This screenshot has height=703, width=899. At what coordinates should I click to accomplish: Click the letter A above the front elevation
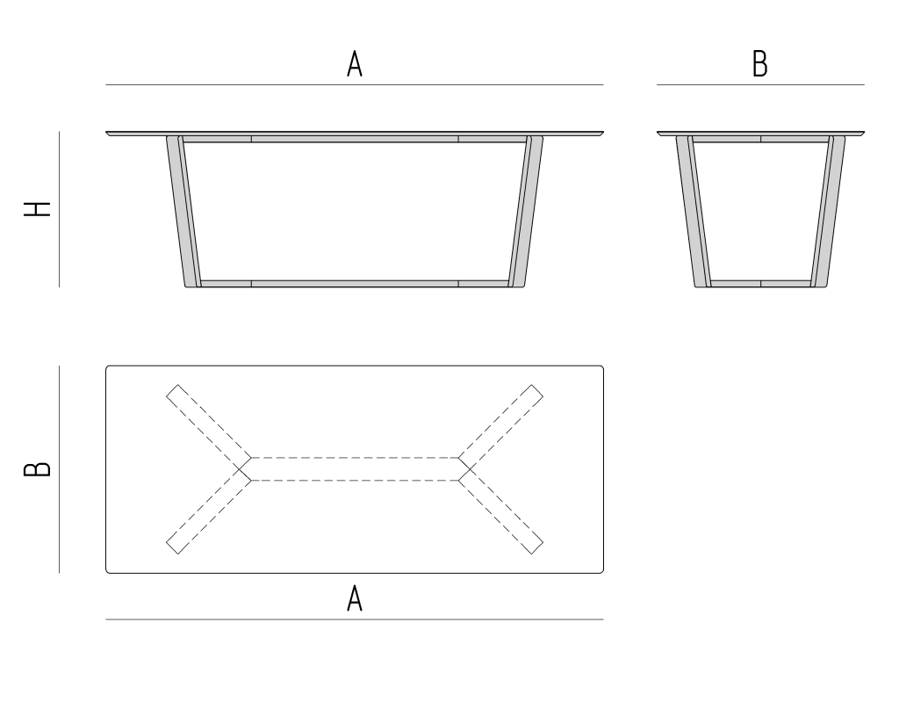(x=355, y=63)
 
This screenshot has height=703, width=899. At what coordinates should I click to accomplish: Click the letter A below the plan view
(x=355, y=598)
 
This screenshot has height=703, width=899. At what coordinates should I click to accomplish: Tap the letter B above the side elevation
(x=759, y=63)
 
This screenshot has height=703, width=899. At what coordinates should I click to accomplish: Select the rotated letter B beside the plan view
(x=37, y=469)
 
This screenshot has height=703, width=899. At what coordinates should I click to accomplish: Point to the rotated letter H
(x=37, y=209)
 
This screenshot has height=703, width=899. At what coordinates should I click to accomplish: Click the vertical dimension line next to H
(x=59, y=209)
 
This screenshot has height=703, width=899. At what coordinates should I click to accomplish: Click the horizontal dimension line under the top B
(x=760, y=85)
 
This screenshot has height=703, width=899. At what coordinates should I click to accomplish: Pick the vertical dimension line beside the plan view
(x=59, y=469)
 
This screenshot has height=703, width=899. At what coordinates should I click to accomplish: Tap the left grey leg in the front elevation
(x=183, y=211)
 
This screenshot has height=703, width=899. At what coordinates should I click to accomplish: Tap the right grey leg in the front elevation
(x=525, y=211)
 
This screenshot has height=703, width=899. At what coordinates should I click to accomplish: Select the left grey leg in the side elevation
(x=694, y=211)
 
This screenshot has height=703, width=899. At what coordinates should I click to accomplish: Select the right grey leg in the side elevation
(x=827, y=211)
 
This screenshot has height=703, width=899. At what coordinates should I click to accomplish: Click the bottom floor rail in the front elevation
(x=355, y=284)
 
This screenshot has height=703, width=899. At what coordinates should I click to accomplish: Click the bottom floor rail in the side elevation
(x=760, y=284)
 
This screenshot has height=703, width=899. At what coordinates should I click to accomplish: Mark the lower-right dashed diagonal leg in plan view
(x=500, y=511)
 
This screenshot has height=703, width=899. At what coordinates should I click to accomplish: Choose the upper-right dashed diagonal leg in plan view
(x=500, y=428)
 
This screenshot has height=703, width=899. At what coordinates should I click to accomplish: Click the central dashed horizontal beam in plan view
(x=355, y=469)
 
